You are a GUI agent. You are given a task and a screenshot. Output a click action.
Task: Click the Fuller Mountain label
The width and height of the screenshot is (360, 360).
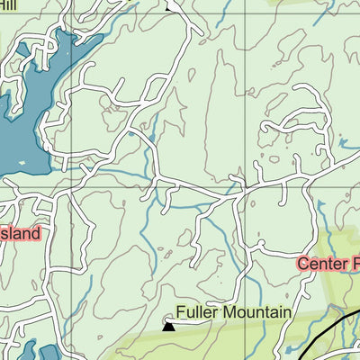pos(233,312)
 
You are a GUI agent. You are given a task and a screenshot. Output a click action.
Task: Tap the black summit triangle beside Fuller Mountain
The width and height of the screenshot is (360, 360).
pos(168,328)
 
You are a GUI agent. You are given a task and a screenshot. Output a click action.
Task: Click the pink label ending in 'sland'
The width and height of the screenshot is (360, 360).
pos(20,234)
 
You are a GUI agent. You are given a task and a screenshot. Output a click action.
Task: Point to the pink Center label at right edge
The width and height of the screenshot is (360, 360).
pos(328,264)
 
